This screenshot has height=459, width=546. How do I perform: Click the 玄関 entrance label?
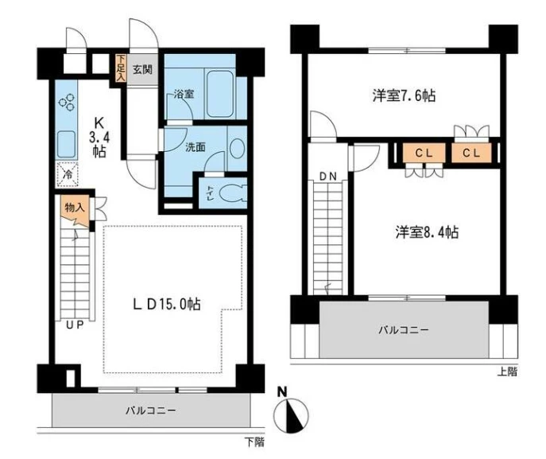(142, 70)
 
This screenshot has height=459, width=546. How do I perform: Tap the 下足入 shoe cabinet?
(121, 68)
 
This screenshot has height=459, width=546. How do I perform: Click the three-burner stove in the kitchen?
(67, 102)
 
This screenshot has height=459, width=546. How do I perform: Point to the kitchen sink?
(66, 144)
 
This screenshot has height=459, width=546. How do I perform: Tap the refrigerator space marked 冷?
(68, 174)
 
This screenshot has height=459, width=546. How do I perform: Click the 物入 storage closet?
(75, 211)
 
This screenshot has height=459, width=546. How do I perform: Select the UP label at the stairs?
(75, 325)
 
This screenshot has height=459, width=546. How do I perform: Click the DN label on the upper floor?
(328, 177)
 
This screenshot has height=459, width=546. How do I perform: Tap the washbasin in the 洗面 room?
(237, 149)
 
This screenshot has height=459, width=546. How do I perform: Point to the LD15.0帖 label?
(166, 304)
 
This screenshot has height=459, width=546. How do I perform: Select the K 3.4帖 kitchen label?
(99, 138)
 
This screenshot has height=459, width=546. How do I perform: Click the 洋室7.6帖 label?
(404, 95)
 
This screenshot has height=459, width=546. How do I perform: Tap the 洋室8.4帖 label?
(427, 231)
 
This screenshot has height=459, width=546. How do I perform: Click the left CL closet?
(424, 153)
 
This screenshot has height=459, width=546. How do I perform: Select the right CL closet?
(471, 153)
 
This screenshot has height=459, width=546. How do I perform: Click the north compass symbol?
(291, 413)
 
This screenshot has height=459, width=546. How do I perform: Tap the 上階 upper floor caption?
(507, 371)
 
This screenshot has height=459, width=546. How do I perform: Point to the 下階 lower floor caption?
(254, 442)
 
